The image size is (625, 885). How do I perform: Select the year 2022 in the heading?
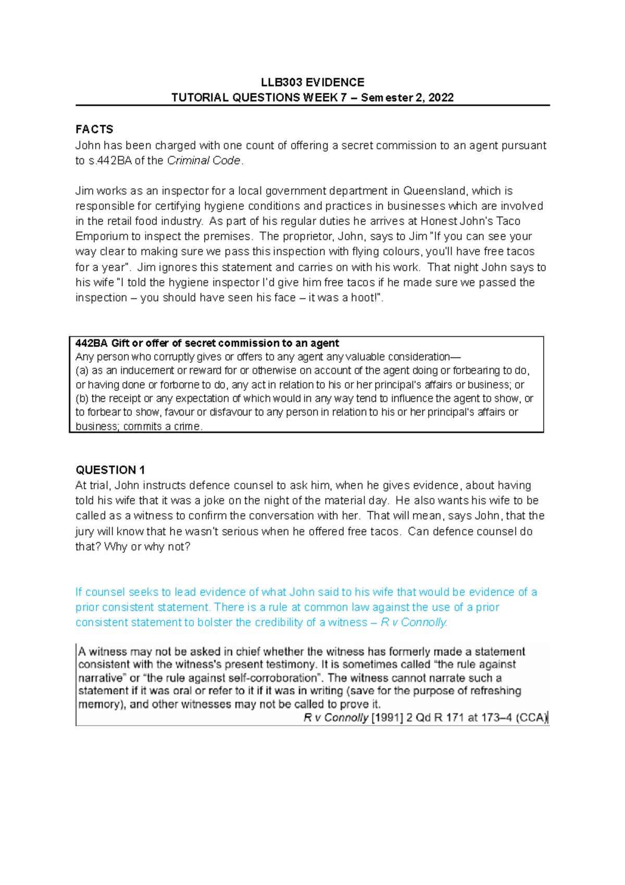tap(441, 97)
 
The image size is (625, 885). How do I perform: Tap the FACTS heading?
tap(94, 129)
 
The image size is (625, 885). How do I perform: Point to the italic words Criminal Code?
tap(204, 161)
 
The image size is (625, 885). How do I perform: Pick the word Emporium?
tap(99, 236)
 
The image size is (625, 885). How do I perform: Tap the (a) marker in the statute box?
tap(82, 371)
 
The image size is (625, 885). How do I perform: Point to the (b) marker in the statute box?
tap(82, 398)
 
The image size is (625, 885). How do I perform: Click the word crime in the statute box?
tap(186, 426)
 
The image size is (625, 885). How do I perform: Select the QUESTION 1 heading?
tap(110, 470)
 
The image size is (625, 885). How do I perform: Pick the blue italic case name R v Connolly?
tap(414, 622)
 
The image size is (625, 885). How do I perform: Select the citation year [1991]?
tap(387, 718)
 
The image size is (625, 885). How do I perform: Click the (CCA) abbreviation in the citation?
tap(531, 718)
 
